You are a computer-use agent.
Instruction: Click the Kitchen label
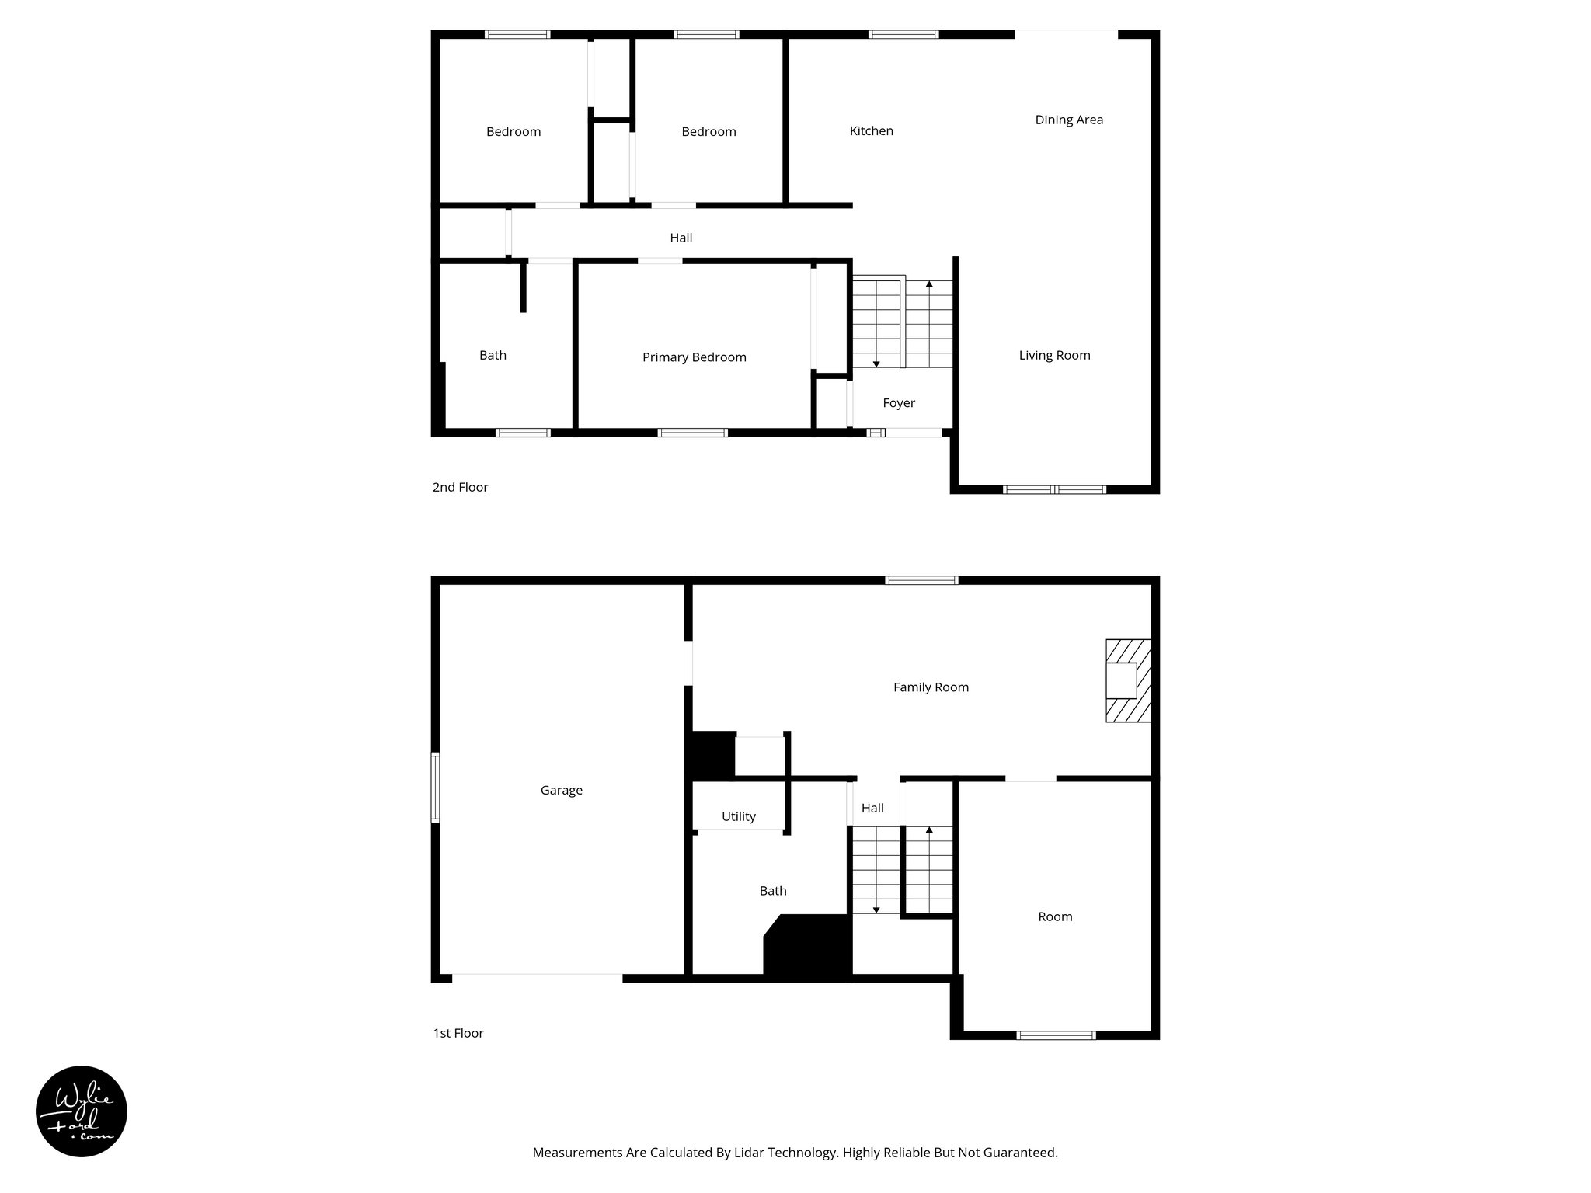871,131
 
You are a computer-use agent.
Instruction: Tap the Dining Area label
1069,120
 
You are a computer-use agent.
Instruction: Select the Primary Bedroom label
694,357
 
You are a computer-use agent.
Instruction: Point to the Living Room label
1054,355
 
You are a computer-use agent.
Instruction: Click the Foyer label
899,403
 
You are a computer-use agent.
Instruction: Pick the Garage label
561,790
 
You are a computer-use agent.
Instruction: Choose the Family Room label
931,687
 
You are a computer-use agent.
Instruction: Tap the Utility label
738,816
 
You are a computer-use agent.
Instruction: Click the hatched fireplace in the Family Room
1128,680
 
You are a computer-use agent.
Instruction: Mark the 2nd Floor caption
460,487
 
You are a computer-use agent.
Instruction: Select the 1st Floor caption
458,1033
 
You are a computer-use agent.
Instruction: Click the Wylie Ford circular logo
82,1111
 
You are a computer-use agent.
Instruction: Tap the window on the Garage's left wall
436,787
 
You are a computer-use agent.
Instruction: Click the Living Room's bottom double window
1054,489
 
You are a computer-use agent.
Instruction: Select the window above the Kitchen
903,34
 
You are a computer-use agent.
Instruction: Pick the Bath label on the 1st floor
773,891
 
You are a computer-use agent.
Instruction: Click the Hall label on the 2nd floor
681,238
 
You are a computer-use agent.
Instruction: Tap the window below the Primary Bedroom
692,433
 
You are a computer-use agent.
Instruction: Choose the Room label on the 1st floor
1055,916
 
